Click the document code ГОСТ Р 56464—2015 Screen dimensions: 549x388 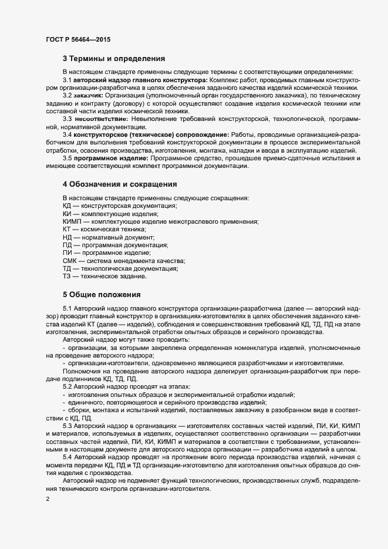(78, 39)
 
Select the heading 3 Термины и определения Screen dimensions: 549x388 (113, 59)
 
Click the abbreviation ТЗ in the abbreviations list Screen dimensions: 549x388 (67, 276)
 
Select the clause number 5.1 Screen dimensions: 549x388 (67, 308)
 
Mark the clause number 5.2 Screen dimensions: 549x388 (67, 387)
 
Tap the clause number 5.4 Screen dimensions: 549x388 (67, 457)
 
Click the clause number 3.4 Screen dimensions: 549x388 (67, 134)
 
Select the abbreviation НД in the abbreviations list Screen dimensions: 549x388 (67, 237)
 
